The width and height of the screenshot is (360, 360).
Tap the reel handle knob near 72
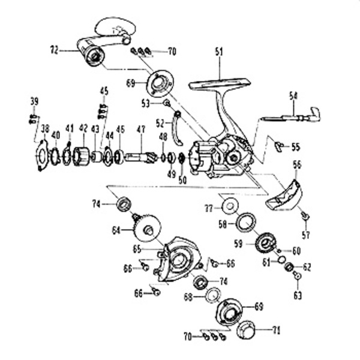point(93,56)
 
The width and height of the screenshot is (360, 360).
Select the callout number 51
point(218,52)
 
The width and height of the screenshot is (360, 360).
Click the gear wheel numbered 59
point(265,243)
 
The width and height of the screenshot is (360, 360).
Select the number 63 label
point(298,295)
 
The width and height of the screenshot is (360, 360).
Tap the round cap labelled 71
point(247,329)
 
